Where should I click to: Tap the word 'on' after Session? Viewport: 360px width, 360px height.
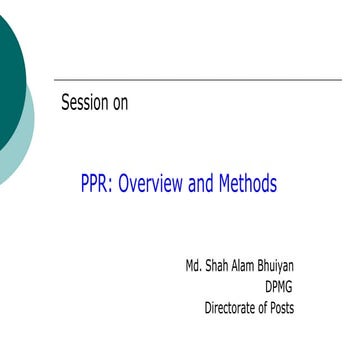click(x=119, y=102)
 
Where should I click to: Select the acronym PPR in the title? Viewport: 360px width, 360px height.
click(x=97, y=185)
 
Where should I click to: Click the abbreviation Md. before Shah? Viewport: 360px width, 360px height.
click(x=195, y=267)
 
